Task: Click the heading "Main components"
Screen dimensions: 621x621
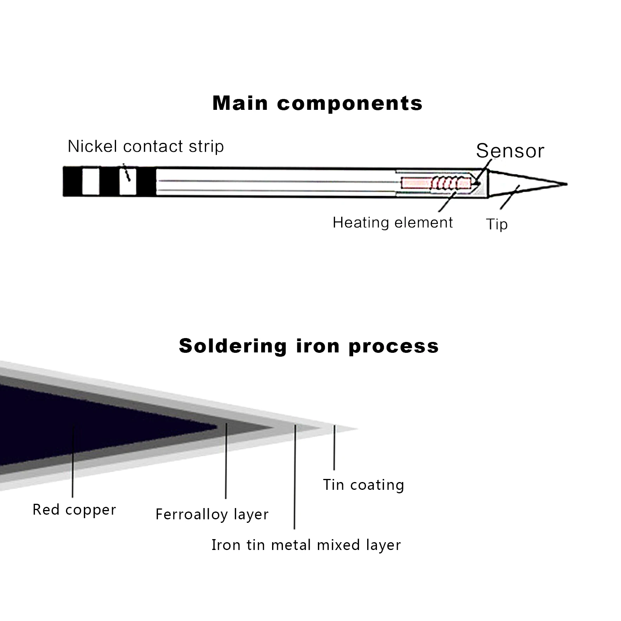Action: [317, 103]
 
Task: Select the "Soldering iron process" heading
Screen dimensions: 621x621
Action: [309, 345]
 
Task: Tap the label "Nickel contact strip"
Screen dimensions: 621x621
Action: [146, 146]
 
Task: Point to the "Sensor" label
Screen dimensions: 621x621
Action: [510, 151]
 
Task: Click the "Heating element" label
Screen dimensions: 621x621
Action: [392, 222]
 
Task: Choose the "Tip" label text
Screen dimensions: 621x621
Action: [497, 224]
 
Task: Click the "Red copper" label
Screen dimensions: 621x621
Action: [74, 510]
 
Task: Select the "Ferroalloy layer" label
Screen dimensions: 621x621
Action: [212, 514]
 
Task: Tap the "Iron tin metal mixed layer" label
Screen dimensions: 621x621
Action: [306, 545]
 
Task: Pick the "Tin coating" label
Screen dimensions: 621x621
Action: [363, 485]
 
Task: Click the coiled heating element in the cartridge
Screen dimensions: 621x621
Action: [450, 183]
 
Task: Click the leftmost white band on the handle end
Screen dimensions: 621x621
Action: [91, 181]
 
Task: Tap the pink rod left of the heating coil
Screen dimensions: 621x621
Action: [415, 183]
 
